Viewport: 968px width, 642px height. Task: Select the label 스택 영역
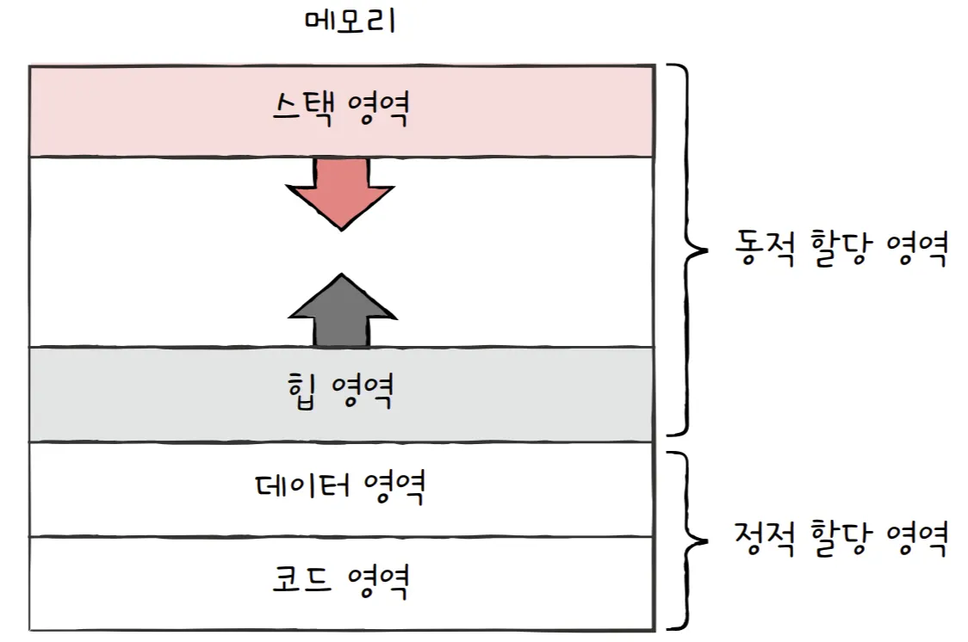[340, 110]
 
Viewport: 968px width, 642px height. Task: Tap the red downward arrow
[341, 190]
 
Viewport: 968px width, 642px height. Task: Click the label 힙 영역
[340, 392]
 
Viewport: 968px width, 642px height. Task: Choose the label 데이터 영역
[340, 487]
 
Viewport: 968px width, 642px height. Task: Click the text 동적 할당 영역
[842, 249]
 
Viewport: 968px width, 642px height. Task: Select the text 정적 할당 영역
[842, 539]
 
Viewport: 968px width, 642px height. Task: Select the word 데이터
[301, 487]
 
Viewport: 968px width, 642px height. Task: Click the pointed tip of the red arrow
[341, 228]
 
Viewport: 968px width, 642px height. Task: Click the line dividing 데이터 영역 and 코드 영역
[340, 536]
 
